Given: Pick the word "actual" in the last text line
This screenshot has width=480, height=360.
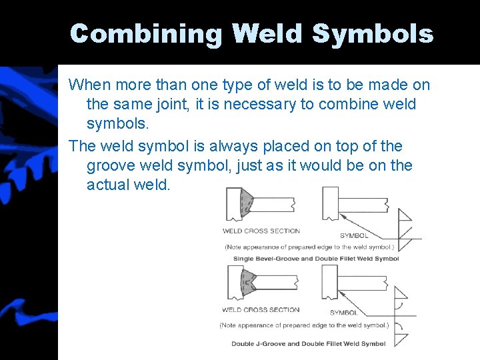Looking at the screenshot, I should pos(108,185).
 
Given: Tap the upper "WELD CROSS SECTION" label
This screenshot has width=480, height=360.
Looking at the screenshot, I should pos(261,231).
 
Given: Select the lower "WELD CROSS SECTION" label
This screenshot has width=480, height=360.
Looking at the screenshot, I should pos(261,310).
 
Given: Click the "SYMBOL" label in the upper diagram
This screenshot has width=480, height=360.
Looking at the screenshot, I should pos(354,235).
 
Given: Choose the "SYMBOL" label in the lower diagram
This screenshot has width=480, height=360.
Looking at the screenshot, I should pos(343,313).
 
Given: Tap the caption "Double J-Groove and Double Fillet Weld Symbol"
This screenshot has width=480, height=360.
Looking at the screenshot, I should pos(309,344).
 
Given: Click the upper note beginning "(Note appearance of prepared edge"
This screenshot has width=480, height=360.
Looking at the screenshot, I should pos(309,247).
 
